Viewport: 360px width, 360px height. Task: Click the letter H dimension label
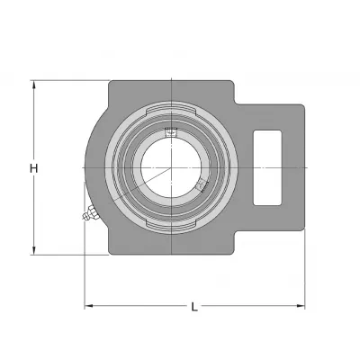[34, 168]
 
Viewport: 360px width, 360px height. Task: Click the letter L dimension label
[194, 307]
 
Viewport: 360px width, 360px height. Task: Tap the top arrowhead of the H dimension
[34, 85]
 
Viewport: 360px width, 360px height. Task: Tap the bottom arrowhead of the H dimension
[34, 251]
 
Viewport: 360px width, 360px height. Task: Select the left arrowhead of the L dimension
[88, 306]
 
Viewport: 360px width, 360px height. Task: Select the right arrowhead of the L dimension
[301, 306]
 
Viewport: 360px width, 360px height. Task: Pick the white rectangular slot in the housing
[267, 167]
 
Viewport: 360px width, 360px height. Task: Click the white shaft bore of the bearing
[171, 167]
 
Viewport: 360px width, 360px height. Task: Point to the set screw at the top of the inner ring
[171, 132]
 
